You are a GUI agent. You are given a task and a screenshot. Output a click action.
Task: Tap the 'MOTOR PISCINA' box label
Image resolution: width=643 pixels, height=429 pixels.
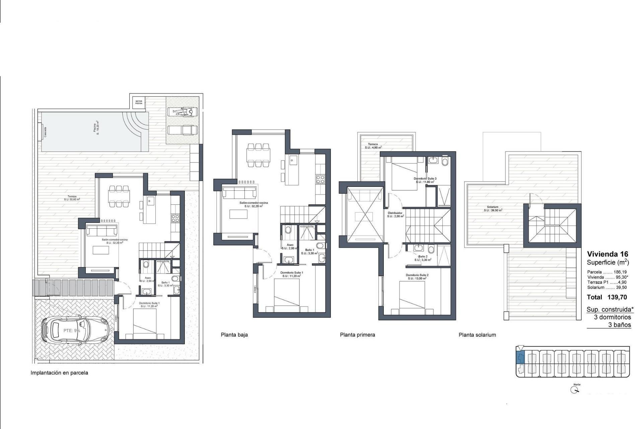[x=139, y=102]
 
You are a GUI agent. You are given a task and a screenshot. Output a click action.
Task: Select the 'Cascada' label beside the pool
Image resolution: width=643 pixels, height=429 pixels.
[x=45, y=132]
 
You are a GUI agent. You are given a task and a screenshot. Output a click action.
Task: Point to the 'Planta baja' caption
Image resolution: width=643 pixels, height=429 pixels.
[x=234, y=334]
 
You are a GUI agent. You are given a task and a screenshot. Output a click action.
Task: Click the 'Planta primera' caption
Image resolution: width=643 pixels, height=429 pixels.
[x=357, y=334]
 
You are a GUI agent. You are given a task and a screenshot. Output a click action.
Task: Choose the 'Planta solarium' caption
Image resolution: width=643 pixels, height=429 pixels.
[x=477, y=334]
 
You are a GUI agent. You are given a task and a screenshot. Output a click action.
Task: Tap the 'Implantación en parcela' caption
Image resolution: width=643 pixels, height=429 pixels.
[x=59, y=373]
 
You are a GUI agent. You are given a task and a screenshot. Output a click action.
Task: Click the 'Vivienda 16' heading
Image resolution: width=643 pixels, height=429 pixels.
[x=608, y=254]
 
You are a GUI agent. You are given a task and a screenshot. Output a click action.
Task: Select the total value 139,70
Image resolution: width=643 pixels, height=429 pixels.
[x=617, y=297]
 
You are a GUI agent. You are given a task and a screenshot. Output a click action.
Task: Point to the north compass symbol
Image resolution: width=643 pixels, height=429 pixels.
[x=575, y=390]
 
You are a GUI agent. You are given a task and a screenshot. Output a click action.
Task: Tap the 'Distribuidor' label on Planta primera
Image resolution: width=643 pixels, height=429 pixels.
[x=395, y=213]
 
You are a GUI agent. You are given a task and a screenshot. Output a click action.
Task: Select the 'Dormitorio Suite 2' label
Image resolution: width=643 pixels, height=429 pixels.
[x=417, y=275]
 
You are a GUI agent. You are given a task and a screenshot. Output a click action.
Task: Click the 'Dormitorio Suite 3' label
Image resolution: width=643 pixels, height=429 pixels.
[x=425, y=179]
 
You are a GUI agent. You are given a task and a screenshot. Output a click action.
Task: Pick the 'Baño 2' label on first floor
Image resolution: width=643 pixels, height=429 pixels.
[x=423, y=256]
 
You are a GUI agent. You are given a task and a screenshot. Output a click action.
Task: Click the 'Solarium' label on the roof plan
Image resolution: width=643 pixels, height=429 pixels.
[x=493, y=207]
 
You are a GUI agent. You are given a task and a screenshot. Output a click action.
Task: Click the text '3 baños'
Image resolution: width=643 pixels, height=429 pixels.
[x=620, y=325]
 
